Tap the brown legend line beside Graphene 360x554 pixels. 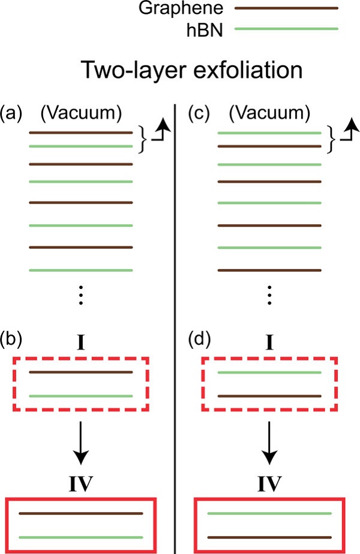pos(286,8)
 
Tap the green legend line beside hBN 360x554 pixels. pos(286,28)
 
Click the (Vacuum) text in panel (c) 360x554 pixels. pos(269,113)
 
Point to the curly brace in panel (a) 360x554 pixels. pos(142,139)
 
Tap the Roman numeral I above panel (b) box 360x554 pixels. pos(81,343)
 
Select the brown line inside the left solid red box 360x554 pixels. pos(81,514)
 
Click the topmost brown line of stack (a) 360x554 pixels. pos(81,132)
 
